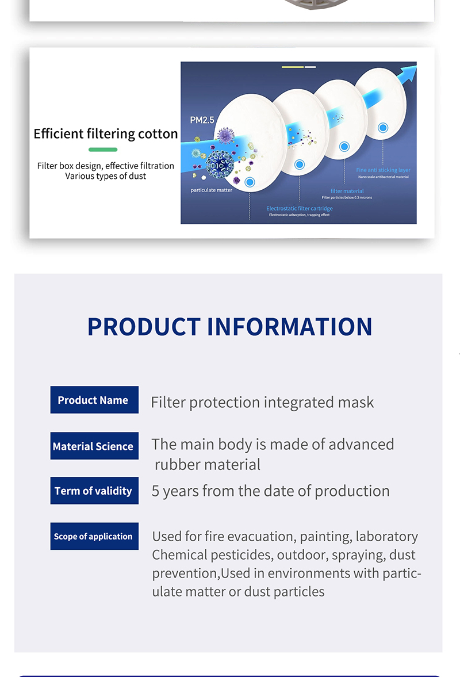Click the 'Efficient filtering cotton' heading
click(106, 134)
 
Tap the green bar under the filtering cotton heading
click(103, 150)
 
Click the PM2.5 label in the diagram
click(202, 120)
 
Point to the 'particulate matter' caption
click(212, 190)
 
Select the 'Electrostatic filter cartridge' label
click(299, 208)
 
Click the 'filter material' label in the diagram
click(347, 191)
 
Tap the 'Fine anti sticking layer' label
click(383, 170)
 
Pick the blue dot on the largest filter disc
click(250, 183)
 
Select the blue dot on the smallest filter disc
click(383, 128)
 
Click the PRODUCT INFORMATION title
click(229, 326)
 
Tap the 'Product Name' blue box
click(94, 400)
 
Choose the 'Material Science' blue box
click(94, 446)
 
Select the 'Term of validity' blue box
click(94, 491)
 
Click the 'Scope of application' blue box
click(94, 536)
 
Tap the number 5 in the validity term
click(155, 491)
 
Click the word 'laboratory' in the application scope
click(386, 537)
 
